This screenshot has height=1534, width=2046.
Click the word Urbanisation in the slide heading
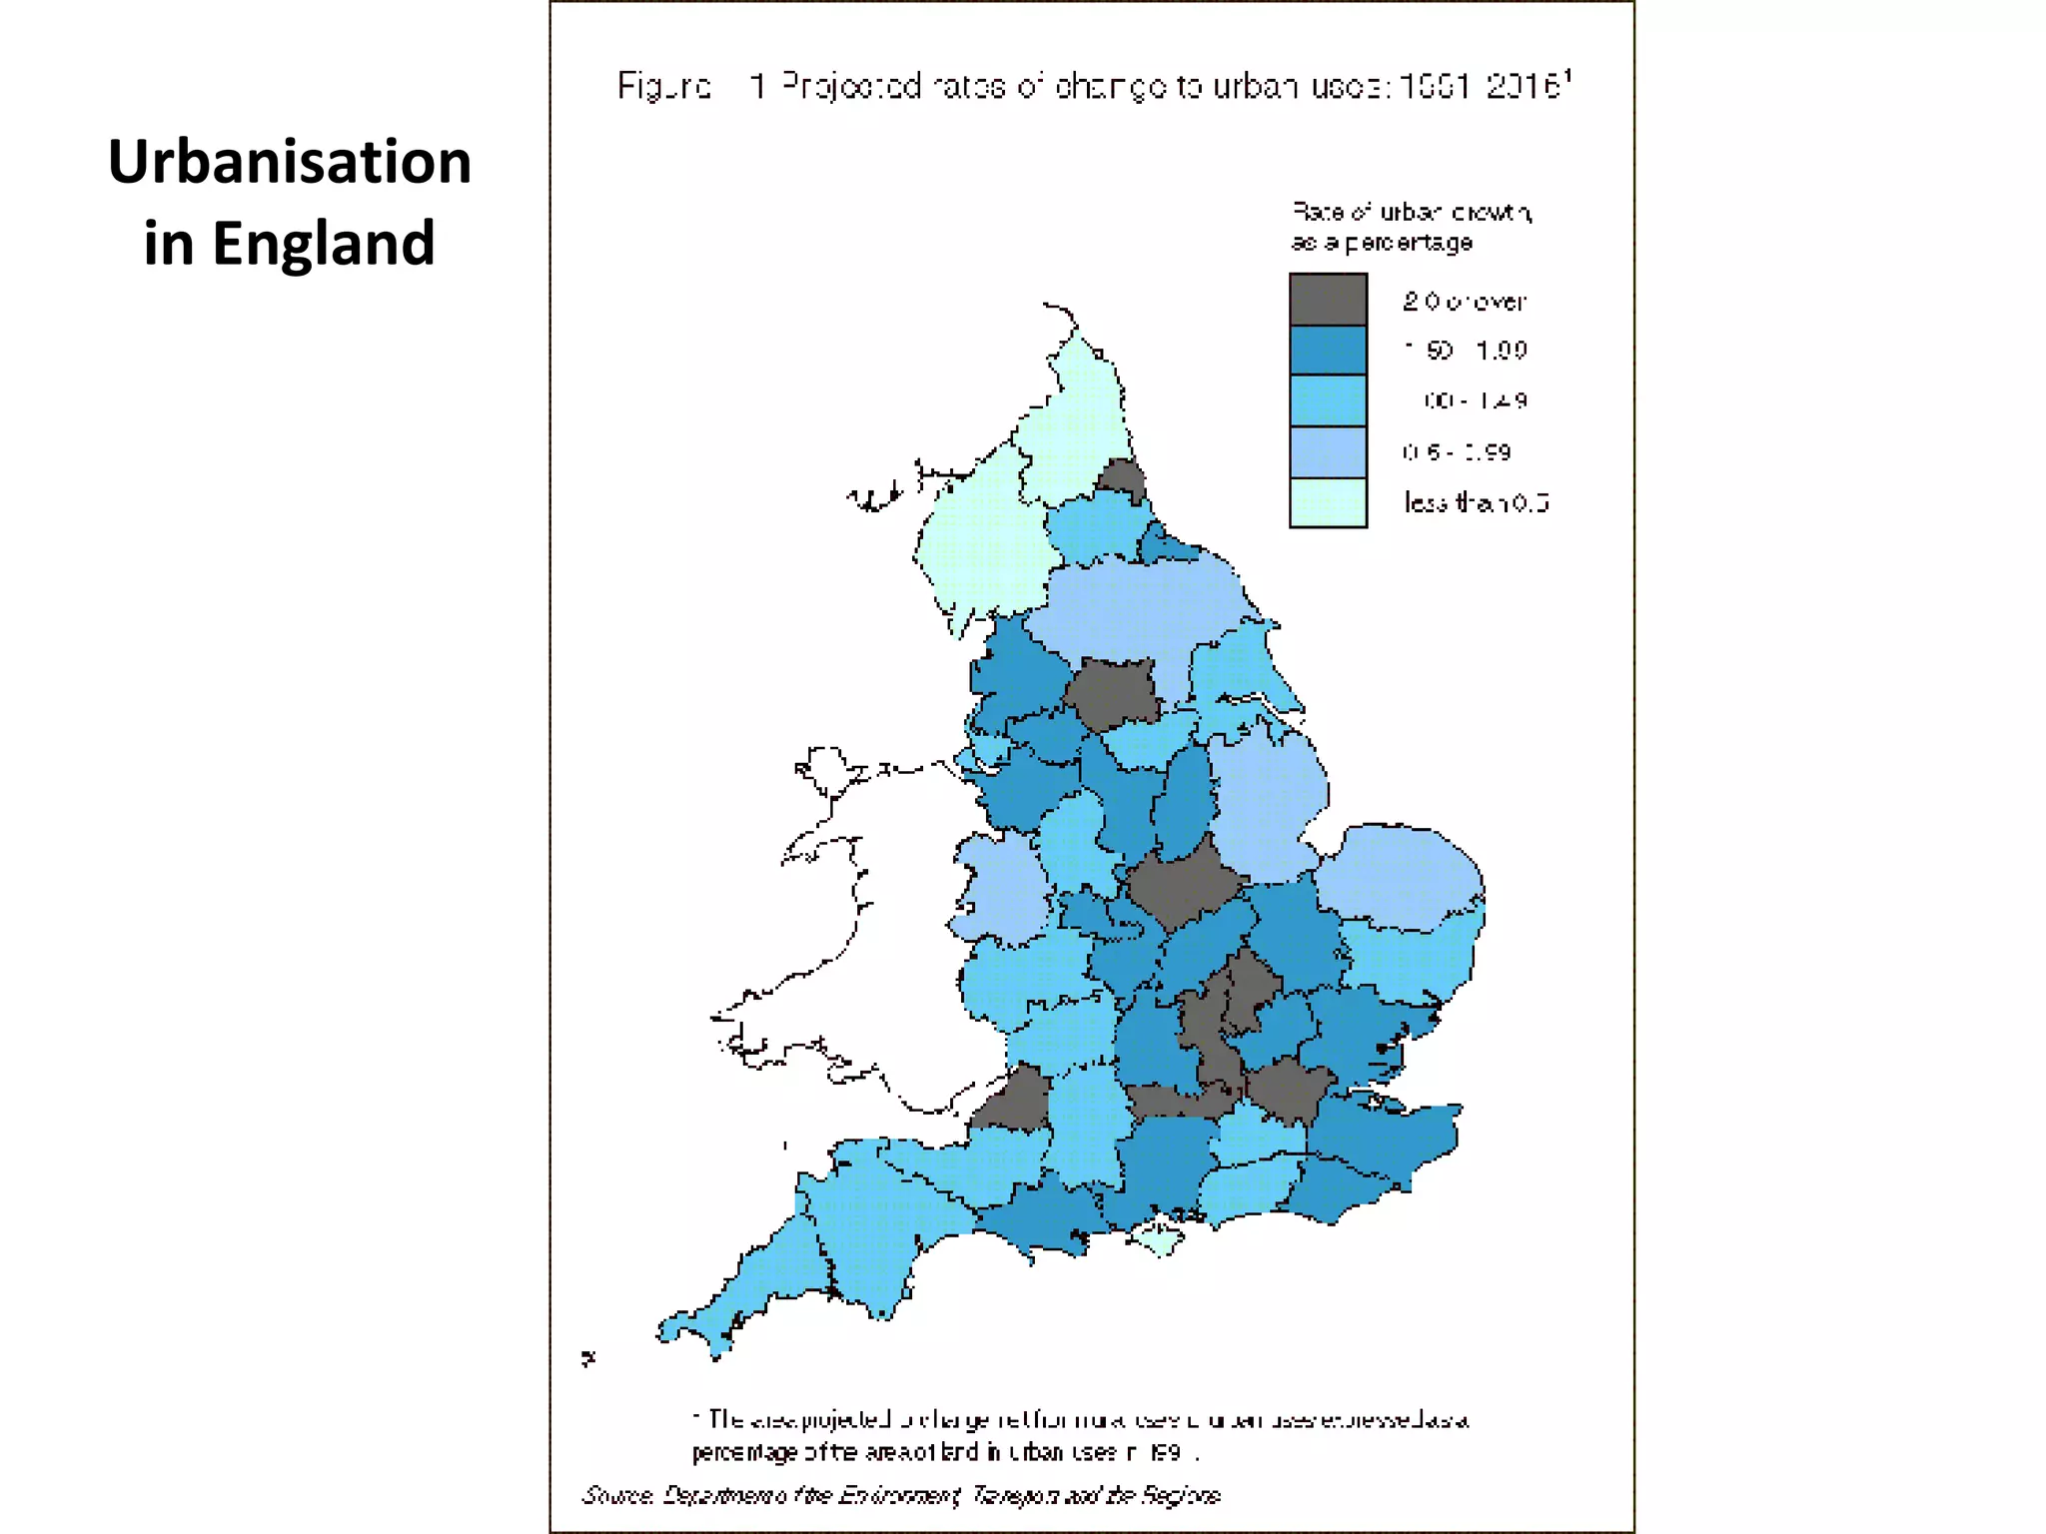click(x=290, y=162)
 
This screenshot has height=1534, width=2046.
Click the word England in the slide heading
click(x=324, y=244)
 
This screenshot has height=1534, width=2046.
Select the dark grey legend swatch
click(x=1328, y=300)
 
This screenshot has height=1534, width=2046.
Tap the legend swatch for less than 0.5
click(x=1328, y=502)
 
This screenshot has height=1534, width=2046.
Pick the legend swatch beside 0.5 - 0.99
click(x=1328, y=452)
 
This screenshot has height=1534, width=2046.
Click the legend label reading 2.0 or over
click(x=1465, y=301)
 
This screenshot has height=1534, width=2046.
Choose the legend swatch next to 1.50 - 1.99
click(x=1328, y=351)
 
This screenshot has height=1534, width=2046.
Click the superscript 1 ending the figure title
click(x=1568, y=75)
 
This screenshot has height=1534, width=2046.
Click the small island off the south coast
click(x=1159, y=1239)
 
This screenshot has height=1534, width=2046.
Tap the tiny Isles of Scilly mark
click(x=588, y=1358)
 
